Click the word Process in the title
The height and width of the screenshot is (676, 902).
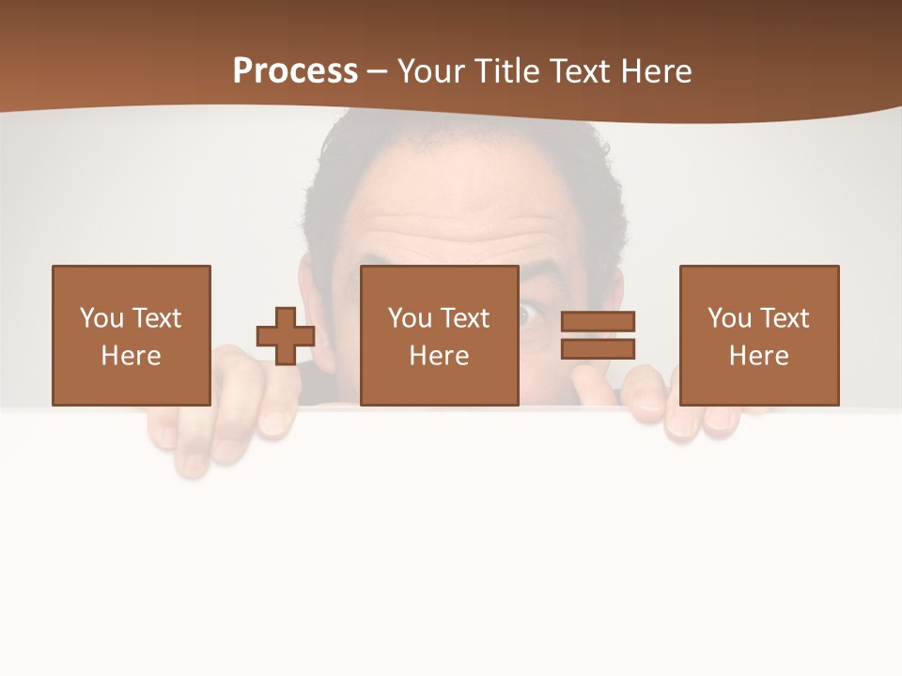click(x=295, y=71)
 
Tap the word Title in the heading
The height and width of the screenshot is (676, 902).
click(x=506, y=71)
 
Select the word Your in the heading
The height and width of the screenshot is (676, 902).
click(x=432, y=71)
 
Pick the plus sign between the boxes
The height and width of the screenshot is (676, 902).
click(x=286, y=336)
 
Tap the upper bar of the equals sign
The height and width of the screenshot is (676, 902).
click(x=598, y=322)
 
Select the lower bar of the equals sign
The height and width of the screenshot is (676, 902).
click(x=598, y=348)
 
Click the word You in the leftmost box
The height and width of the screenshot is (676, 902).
click(x=101, y=318)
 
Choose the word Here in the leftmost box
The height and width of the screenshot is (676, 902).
click(x=131, y=356)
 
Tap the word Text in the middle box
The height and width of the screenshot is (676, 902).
click(x=465, y=318)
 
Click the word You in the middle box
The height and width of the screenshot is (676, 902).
click(x=410, y=318)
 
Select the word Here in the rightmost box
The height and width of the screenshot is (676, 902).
click(x=758, y=356)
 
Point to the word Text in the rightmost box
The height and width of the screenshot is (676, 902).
click(x=785, y=318)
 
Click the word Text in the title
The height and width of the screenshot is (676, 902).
click(x=577, y=71)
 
